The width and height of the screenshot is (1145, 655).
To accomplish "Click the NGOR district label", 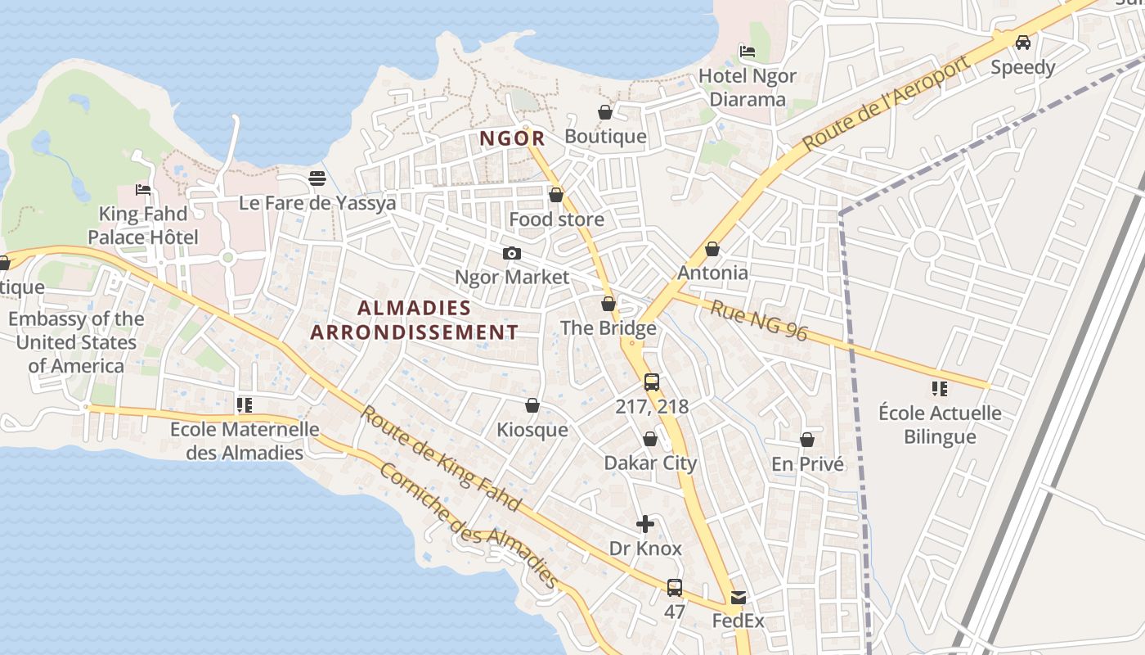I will (511, 138).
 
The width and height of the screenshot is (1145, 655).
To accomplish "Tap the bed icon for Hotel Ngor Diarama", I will (747, 51).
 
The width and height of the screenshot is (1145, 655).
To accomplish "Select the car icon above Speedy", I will (1022, 42).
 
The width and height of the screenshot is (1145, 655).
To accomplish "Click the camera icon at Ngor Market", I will (512, 253).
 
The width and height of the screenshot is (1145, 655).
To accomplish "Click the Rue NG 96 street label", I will (758, 320).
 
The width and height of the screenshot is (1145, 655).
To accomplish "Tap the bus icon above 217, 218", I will (652, 382).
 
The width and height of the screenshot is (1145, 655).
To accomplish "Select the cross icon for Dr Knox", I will (645, 524).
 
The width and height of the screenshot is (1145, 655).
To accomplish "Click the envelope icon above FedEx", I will (739, 598).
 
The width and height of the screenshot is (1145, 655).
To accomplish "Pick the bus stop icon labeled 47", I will (675, 587).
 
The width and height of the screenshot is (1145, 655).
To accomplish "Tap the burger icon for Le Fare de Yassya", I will (317, 178).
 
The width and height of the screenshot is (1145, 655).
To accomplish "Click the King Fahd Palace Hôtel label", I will (143, 225).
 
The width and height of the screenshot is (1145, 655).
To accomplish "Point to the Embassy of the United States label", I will (76, 342).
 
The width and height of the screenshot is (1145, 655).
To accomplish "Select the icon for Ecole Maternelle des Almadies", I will (244, 404).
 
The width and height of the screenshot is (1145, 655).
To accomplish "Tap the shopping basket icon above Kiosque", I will (532, 405).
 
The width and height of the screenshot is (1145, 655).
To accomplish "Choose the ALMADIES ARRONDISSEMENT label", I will (415, 320).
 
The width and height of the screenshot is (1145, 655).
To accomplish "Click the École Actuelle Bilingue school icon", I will (939, 388).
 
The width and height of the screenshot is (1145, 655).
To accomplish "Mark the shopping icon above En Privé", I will (807, 440).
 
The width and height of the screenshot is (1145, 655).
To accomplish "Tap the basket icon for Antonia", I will (712, 248).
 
